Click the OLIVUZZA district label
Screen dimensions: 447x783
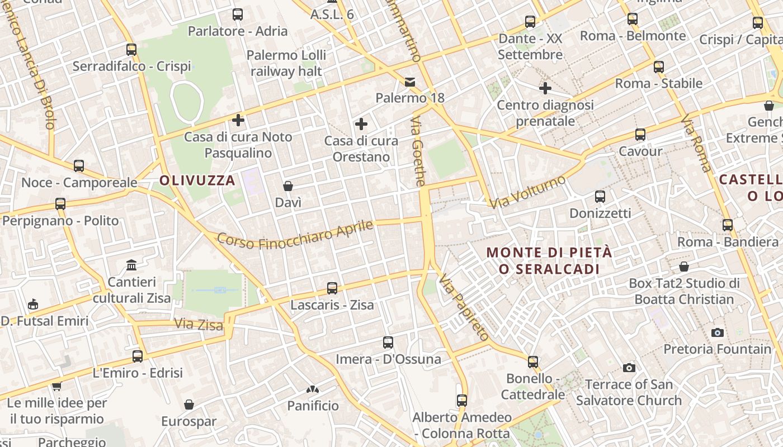coord(197,180)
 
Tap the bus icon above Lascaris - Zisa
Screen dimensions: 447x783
coord(332,288)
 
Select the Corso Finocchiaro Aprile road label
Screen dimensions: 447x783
coord(295,234)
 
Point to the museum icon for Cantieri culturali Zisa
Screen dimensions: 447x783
coord(131,264)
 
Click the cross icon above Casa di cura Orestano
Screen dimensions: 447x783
coord(361,123)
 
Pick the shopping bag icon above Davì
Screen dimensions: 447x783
coord(288,186)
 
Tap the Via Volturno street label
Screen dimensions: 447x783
coord(527,192)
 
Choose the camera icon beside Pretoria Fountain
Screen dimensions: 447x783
coord(718,332)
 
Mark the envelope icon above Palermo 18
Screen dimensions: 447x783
coord(410,82)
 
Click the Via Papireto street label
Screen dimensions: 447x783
coord(464,307)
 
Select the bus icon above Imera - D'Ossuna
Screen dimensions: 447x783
coord(388,342)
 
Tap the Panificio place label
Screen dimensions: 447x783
coord(313,406)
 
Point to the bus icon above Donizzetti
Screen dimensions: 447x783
coord(600,197)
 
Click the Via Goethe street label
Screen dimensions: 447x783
coord(418,151)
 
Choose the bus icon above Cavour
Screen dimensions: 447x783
coord(640,135)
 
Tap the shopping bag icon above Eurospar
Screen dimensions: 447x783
coord(189,405)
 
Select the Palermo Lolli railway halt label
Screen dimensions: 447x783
coord(286,63)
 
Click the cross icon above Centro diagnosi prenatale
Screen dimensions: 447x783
coord(545,88)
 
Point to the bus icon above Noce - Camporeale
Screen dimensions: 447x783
coord(79,166)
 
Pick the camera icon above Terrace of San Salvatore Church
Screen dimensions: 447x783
coord(629,368)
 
